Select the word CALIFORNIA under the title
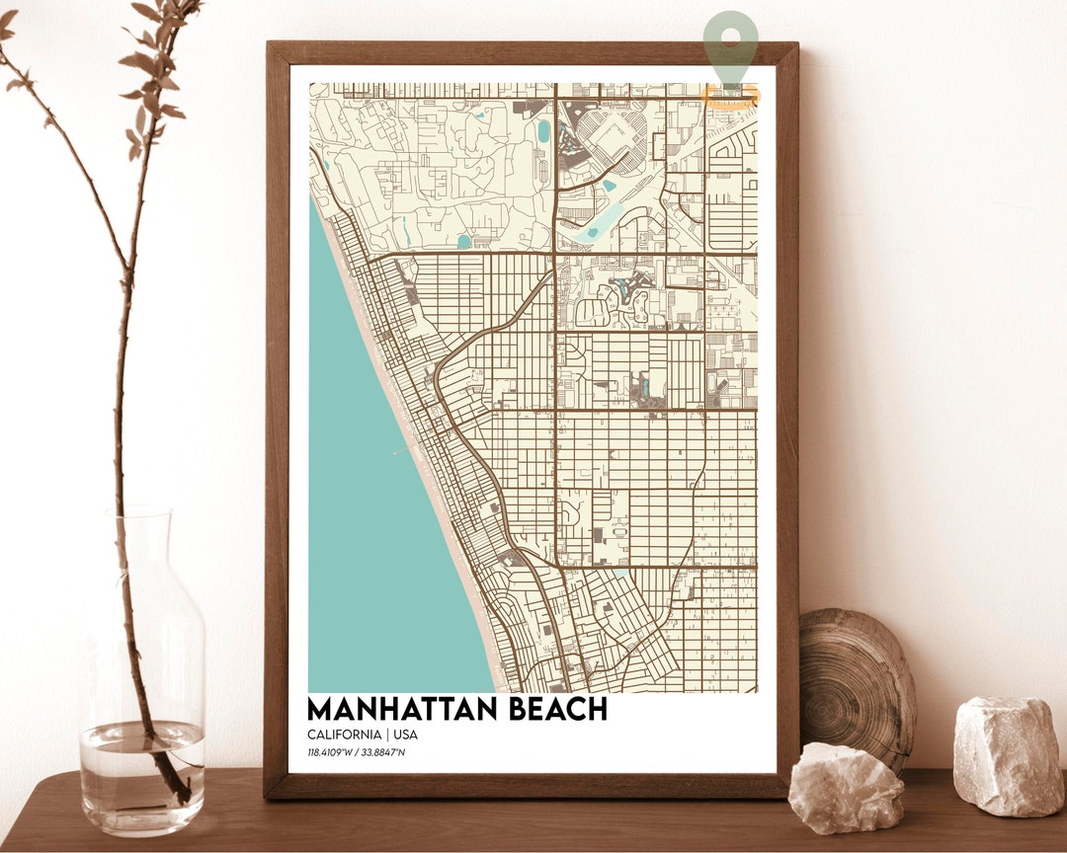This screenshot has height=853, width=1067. (x=344, y=736)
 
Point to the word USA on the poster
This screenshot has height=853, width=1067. (x=405, y=736)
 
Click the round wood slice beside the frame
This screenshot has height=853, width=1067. (x=857, y=681)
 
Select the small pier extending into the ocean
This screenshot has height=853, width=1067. (x=402, y=450)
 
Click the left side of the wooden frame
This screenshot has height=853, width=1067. (x=277, y=415)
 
